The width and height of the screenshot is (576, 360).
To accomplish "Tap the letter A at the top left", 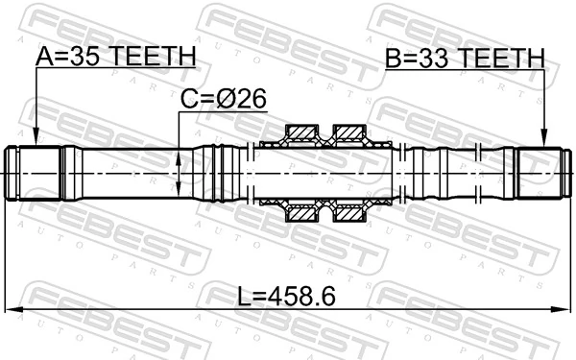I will click(x=44, y=58).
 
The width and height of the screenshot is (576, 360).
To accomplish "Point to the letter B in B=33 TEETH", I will click(x=393, y=60).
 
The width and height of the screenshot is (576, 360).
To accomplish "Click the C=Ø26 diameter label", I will click(x=223, y=98).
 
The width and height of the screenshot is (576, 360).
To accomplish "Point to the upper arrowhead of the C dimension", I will click(x=180, y=152).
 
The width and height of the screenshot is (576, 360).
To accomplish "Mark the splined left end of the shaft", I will click(x=34, y=172).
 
